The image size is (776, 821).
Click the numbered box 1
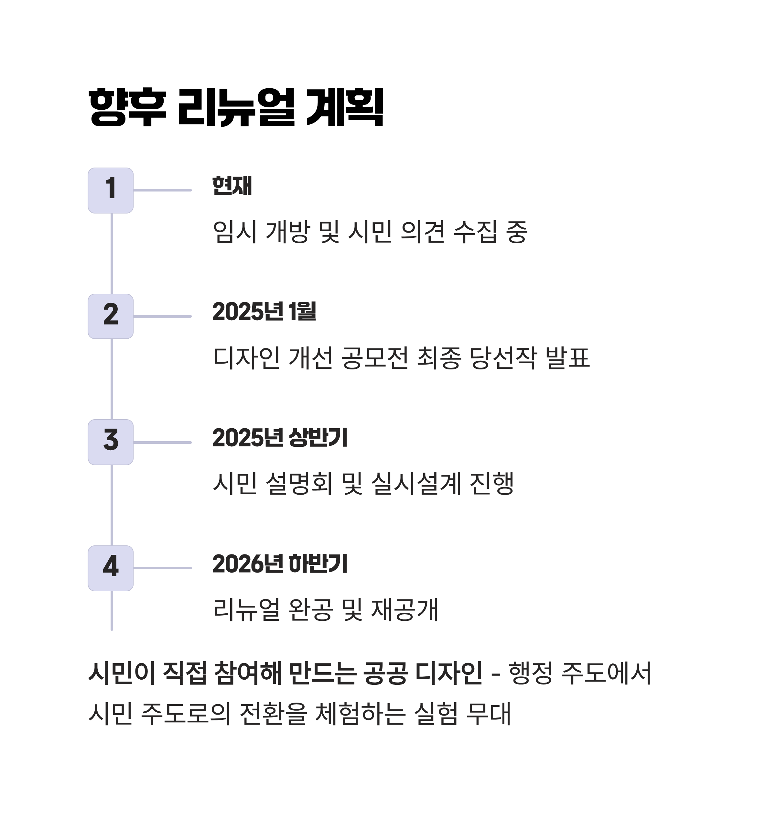pos(111,190)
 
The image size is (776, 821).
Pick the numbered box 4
pos(111,568)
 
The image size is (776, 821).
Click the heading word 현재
pos(232,186)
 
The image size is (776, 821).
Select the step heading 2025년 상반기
pos(280,438)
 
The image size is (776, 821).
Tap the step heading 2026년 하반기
pos(280,564)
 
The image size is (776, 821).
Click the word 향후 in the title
pos(127,107)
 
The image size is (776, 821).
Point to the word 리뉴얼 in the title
pos(236,107)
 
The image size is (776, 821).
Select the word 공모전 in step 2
pos(375,357)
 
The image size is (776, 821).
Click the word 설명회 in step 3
pos(299,483)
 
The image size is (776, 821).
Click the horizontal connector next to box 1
pos(162,190)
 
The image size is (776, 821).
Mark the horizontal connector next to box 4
pos(162,568)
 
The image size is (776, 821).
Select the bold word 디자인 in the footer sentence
pos(448,673)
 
